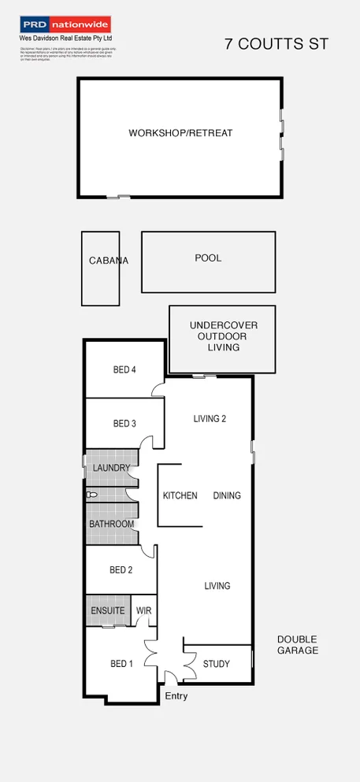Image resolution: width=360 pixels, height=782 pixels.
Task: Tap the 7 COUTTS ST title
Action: tap(276, 45)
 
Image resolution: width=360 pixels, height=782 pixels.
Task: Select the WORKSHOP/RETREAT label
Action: tap(180, 133)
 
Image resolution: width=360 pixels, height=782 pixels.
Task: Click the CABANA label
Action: tap(109, 261)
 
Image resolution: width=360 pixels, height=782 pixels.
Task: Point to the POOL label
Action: tap(208, 258)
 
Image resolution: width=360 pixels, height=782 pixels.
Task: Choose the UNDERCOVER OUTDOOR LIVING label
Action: tap(223, 336)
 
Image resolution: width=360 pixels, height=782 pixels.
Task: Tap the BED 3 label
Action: tap(124, 424)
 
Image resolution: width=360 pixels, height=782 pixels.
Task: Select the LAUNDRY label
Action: tap(111, 468)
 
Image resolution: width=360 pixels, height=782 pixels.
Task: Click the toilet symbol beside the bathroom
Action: tap(91, 495)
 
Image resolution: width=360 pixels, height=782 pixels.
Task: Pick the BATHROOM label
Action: tap(111, 524)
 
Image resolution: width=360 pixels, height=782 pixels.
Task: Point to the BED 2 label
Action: tap(121, 570)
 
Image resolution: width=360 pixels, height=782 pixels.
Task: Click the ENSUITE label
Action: tap(108, 610)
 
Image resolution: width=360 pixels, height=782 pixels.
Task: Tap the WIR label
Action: tap(144, 610)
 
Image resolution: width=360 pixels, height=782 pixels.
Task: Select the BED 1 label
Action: tap(121, 664)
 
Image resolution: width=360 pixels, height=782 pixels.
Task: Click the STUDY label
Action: tap(217, 664)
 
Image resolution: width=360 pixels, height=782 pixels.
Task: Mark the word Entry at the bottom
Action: tap(176, 696)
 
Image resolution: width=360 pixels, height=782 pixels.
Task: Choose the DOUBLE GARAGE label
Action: tap(298, 645)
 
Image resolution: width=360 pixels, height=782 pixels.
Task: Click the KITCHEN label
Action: tap(180, 495)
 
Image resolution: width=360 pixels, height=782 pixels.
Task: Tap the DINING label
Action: tap(227, 495)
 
